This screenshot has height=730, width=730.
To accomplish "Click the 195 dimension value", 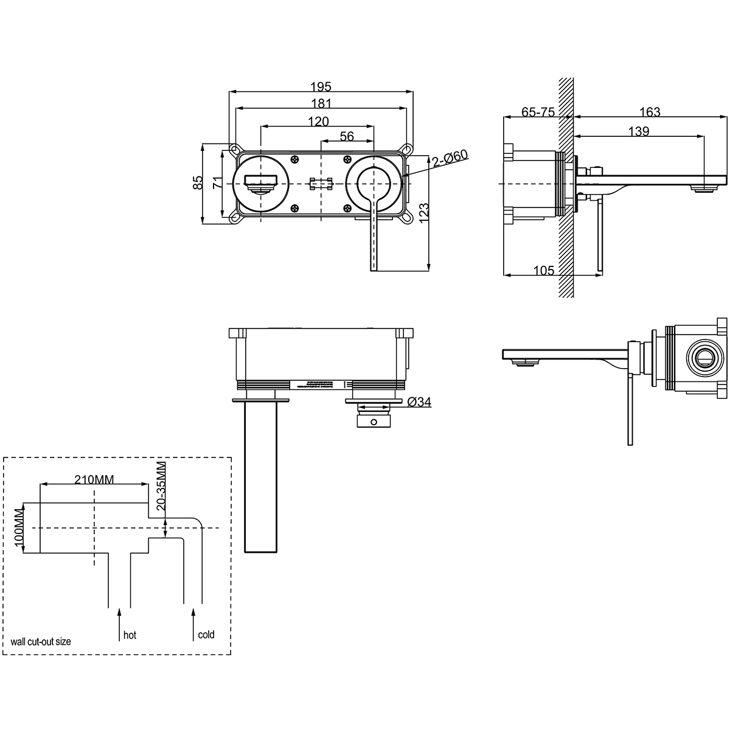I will [321, 87].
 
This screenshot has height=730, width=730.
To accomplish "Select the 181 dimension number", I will [321, 104].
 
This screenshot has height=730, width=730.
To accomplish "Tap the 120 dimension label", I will [318, 121].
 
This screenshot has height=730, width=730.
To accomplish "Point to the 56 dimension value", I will [347, 136].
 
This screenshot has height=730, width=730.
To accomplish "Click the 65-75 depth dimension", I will [538, 112].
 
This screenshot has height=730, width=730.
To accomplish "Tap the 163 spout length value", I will [650, 112].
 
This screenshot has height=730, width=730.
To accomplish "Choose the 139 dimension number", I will [639, 131].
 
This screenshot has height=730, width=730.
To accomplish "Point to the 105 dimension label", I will [543, 271].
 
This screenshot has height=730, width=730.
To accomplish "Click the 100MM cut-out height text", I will [18, 527].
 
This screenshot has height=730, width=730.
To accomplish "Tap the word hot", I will [130, 635].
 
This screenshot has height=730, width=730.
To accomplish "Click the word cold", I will [206, 634].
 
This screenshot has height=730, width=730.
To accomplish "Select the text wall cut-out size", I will [41, 641].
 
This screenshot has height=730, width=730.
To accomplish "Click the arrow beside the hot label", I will [119, 623].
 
